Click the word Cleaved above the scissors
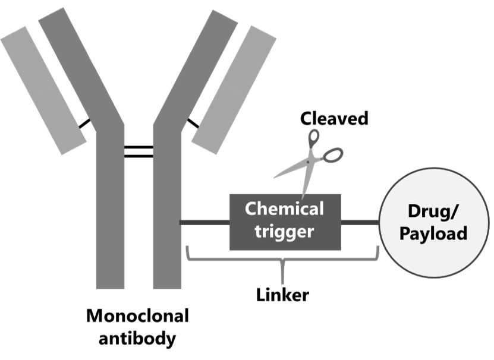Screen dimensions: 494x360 tap(334, 118)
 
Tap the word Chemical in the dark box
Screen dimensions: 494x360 tap(284, 209)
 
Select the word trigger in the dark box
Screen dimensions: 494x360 tap(284, 232)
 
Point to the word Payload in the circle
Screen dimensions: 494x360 tap(433, 233)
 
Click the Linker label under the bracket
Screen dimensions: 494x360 tap(282, 295)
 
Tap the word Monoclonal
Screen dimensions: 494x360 tap(138, 315)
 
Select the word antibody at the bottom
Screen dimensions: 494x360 tap(137, 339)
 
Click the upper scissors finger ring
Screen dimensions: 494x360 tap(313, 138)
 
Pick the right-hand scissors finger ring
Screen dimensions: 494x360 tap(333, 155)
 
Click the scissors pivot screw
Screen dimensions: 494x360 tap(309, 162)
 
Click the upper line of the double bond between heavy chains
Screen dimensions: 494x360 tap(139, 147)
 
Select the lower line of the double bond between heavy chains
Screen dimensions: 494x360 tap(139, 156)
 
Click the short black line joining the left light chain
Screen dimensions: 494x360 tap(84, 124)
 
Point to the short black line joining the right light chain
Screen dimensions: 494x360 tap(193, 124)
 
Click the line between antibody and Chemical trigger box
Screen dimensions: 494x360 tap(204, 223)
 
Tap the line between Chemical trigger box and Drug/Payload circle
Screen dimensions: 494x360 tap(360, 223)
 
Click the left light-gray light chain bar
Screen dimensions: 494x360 tap(43, 91)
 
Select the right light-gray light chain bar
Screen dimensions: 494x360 tap(234, 90)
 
